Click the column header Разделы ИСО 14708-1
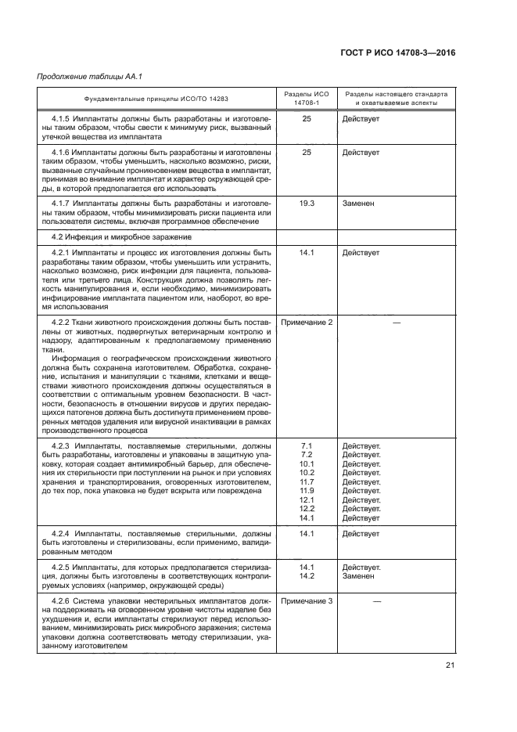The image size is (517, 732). point(307,98)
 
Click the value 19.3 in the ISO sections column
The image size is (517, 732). point(307,203)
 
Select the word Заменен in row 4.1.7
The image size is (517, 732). point(357,203)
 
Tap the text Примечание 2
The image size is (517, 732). point(307,323)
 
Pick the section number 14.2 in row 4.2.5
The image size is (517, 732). point(307,576)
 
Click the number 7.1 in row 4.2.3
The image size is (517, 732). point(307,445)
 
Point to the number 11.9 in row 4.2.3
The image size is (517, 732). point(307,491)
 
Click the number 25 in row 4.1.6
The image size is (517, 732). point(307,152)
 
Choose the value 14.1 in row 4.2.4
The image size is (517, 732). point(307,534)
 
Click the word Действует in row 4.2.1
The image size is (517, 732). point(361,253)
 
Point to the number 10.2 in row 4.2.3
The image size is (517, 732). point(307,473)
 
